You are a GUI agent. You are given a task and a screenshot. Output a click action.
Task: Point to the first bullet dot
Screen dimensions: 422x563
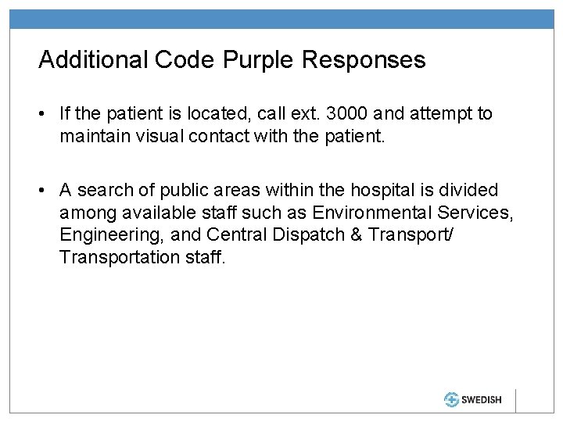click(46, 115)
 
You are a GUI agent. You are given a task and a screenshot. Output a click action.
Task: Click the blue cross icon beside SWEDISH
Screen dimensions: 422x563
click(451, 399)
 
